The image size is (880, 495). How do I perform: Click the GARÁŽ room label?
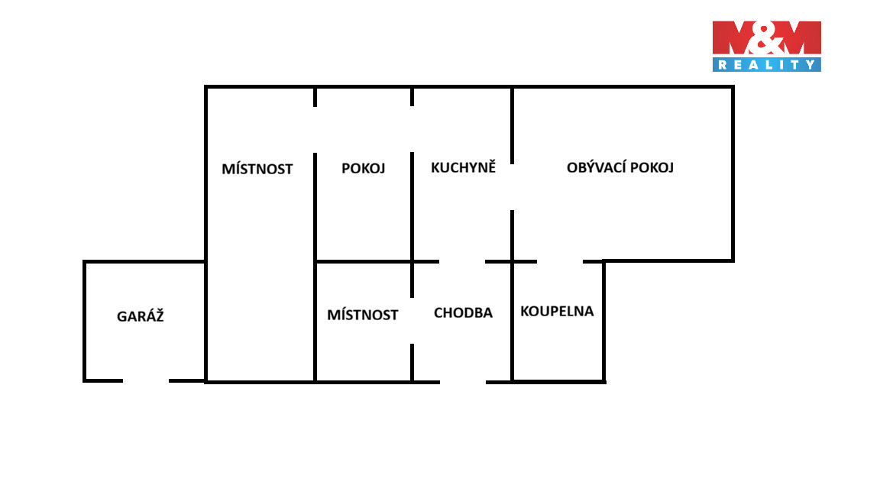pos(141,316)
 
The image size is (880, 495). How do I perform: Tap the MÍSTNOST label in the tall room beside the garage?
pos(257,168)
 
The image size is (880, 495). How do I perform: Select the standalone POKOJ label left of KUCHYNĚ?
pos(363,168)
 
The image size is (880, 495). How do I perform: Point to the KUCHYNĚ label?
pos(464,167)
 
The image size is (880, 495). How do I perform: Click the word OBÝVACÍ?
pos(596,167)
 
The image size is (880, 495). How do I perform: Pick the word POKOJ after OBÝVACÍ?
pos(652,167)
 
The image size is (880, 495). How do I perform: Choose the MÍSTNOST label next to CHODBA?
pos(363,315)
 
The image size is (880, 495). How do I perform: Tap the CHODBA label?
pos(463,312)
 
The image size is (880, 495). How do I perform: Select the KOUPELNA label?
pos(557,311)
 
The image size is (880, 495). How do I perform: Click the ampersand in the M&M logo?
pos(767,39)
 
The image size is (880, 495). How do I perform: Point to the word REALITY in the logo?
pos(767,64)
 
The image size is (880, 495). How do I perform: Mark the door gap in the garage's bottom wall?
pos(146,381)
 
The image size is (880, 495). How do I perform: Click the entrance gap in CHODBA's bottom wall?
pos(463,382)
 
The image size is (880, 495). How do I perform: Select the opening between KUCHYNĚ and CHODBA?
pos(462,261)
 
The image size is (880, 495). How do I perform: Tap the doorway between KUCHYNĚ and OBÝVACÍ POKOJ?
pos(512,187)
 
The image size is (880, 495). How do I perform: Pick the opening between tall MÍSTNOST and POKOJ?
pos(315,130)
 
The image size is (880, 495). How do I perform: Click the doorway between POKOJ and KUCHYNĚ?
pos(412,129)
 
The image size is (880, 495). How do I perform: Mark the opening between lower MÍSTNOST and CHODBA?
pos(412,321)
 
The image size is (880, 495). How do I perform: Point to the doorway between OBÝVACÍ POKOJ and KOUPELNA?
pos(560,261)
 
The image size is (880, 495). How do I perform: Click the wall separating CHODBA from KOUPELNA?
pos(512,322)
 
